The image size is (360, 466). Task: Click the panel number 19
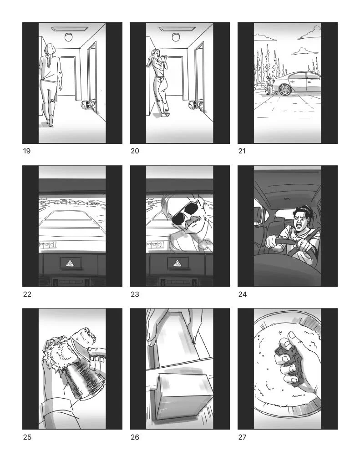(27, 151)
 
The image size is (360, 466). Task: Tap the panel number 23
(135, 294)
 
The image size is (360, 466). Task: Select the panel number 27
(242, 437)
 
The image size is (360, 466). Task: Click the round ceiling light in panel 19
(69, 37)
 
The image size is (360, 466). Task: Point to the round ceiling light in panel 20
(176, 37)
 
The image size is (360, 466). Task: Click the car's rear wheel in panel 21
(285, 90)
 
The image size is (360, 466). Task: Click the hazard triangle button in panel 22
(71, 263)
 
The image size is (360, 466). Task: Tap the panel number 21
(242, 151)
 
